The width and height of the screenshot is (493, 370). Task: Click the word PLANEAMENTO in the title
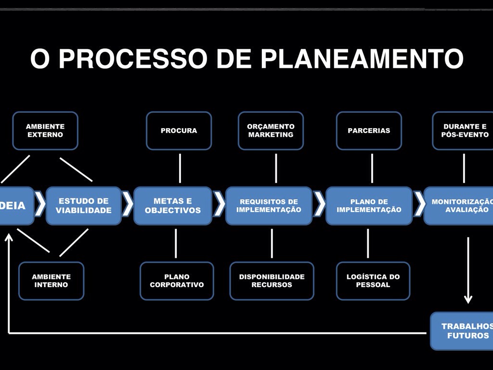[362, 59]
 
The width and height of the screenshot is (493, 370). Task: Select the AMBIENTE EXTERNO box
[45, 131]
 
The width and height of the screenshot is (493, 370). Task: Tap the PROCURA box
[179, 131]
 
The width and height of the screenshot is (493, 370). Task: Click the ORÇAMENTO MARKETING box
[271, 131]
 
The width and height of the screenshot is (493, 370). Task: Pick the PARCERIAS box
[369, 131]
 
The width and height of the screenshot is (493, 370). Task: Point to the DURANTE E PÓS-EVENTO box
[463, 131]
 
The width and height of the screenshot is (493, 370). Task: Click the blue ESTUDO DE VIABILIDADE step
[84, 206]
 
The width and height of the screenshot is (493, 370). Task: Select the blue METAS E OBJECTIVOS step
[173, 206]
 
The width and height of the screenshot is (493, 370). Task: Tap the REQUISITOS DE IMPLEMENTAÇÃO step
[269, 206]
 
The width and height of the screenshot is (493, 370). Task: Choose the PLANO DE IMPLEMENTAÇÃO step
[369, 206]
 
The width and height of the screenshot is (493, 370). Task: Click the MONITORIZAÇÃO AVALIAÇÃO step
[460, 206]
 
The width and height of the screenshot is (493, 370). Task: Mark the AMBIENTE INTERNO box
[51, 281]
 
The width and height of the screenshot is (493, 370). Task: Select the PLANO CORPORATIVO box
[177, 281]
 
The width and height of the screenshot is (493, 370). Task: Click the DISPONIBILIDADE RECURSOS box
[272, 281]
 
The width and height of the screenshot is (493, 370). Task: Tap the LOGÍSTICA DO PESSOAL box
[373, 281]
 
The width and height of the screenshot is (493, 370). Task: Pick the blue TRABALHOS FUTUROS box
[462, 331]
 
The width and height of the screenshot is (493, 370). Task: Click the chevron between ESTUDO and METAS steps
[128, 204]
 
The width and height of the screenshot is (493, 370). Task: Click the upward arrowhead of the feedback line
[9, 238]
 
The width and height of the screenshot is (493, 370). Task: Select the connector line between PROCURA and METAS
[180, 168]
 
